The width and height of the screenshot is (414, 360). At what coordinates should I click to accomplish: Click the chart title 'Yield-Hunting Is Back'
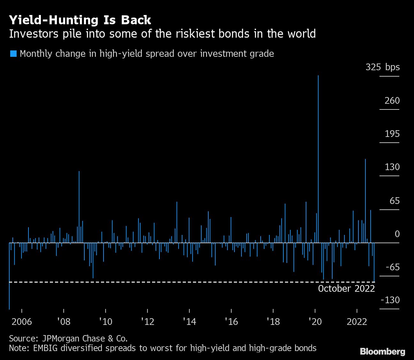tap(80, 20)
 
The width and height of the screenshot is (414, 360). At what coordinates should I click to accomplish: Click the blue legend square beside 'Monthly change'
tap(13, 53)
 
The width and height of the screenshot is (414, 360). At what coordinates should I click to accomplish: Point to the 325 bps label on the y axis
tap(382, 67)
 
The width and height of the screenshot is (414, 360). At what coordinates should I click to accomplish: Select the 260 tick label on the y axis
tap(392, 101)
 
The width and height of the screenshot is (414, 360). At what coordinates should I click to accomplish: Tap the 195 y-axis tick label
tap(392, 134)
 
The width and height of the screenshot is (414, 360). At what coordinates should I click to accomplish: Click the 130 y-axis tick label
tap(392, 167)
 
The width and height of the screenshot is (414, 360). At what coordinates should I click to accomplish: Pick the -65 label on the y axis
tap(393, 267)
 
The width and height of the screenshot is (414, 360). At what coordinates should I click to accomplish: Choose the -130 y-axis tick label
tap(390, 300)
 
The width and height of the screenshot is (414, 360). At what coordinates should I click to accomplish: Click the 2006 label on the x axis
tap(22, 321)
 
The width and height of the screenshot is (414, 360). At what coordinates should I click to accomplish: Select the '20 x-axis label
tap(315, 321)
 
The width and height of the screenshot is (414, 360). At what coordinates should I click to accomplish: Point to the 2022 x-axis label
tap(357, 321)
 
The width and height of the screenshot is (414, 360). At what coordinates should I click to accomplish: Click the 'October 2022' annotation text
tap(346, 289)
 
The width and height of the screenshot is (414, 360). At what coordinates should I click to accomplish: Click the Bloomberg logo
tap(382, 352)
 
